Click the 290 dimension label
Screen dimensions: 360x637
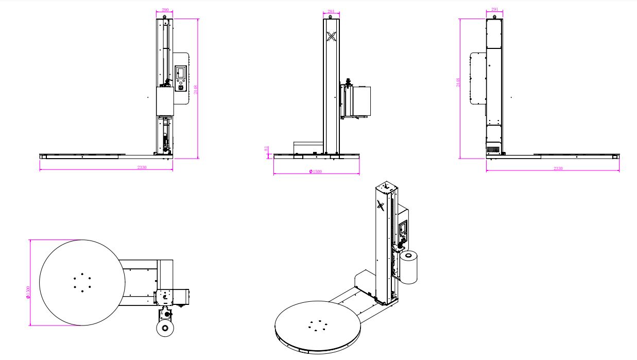tap(164, 10)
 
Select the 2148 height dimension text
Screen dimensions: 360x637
tap(195, 89)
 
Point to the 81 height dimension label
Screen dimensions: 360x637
tap(266, 149)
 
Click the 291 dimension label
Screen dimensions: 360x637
tap(495, 9)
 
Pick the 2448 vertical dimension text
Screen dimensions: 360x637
tap(458, 82)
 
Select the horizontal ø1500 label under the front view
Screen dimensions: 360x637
tap(316, 172)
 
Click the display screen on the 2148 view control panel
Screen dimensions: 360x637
tap(181, 72)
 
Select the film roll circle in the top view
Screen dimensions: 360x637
tap(165, 328)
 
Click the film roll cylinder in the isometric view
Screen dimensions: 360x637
tap(409, 267)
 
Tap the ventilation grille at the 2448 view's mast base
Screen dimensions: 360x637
tap(494, 149)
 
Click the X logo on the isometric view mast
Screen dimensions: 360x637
tap(381, 205)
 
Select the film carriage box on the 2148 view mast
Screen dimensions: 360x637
tap(164, 101)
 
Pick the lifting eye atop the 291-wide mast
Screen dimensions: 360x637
tap(494, 17)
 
